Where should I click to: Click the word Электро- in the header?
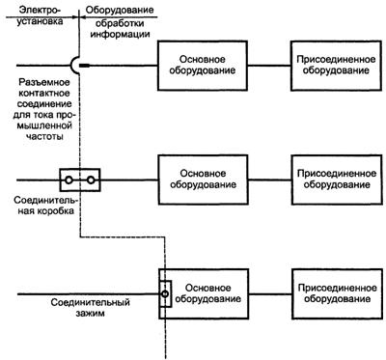click(x=40, y=10)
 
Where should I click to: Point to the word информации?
click(x=120, y=34)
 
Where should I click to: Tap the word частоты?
click(x=44, y=136)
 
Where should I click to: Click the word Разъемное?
click(x=44, y=82)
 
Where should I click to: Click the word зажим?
click(x=91, y=313)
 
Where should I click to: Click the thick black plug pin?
click(x=85, y=66)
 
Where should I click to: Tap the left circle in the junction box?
click(x=69, y=180)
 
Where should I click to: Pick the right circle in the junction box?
click(x=91, y=180)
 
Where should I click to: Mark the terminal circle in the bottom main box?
click(x=165, y=293)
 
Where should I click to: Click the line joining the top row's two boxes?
click(x=269, y=66)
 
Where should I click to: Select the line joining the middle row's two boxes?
click(x=270, y=180)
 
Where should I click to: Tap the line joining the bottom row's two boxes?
click(x=270, y=293)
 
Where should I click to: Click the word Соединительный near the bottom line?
click(x=91, y=302)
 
